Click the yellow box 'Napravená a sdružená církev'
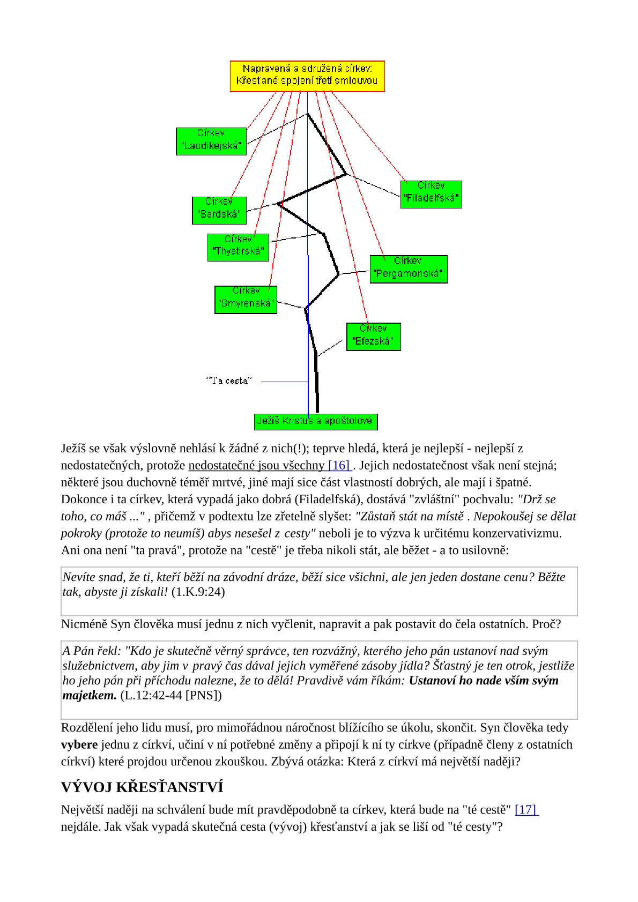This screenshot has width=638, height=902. click(307, 76)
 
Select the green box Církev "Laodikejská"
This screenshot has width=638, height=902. click(211, 141)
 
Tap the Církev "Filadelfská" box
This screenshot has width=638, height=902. click(431, 194)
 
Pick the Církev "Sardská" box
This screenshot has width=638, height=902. click(219, 210)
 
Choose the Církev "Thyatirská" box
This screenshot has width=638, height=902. click(238, 247)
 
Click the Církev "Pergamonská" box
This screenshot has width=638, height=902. click(408, 269)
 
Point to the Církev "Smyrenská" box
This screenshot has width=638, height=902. click(246, 300)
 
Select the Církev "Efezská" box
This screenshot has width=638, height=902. click(373, 337)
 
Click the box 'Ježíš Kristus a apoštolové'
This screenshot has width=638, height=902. click(315, 421)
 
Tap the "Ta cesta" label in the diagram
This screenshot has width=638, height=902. click(228, 381)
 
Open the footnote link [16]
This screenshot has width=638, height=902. click(339, 465)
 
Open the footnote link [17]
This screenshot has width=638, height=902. click(526, 809)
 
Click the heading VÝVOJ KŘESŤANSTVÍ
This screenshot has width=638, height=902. click(142, 787)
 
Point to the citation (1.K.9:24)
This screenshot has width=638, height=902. click(198, 592)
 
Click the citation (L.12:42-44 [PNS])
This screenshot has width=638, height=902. click(170, 696)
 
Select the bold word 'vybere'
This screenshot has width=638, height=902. click(79, 744)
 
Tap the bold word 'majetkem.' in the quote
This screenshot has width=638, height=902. click(90, 696)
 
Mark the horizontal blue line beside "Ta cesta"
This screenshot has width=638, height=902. click(284, 382)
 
